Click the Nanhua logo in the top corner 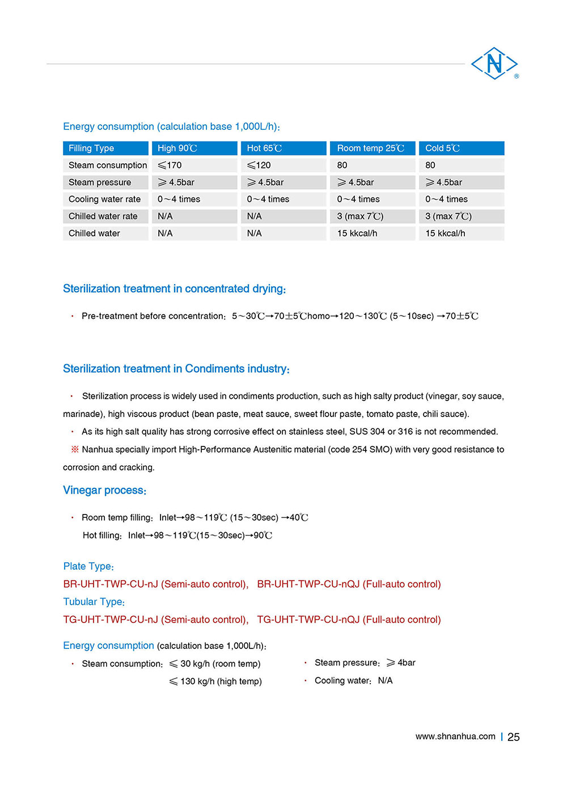(494, 63)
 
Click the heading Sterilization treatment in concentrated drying (174, 289)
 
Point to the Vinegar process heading (104, 490)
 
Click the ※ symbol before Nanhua (75, 449)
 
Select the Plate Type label (88, 566)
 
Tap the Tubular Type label (94, 602)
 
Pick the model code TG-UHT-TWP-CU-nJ (111, 620)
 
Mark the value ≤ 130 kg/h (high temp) (215, 681)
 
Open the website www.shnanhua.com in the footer (455, 736)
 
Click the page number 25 (514, 737)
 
